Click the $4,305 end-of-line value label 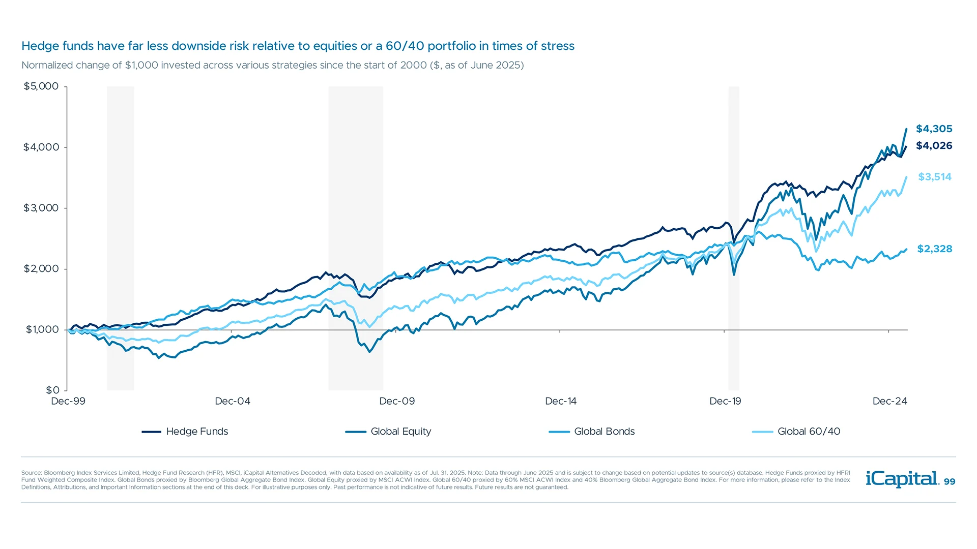tap(934, 129)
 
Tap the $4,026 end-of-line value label tap(934, 146)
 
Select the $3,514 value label tap(934, 177)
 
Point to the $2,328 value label tap(934, 249)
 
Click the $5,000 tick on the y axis tap(41, 86)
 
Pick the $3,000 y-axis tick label tap(41, 208)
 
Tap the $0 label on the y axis tap(52, 390)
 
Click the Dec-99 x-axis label tap(68, 402)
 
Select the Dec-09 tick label tap(397, 402)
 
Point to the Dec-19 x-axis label tap(725, 402)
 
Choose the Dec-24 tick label tap(889, 402)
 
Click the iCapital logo tap(902, 479)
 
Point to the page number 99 tap(950, 482)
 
